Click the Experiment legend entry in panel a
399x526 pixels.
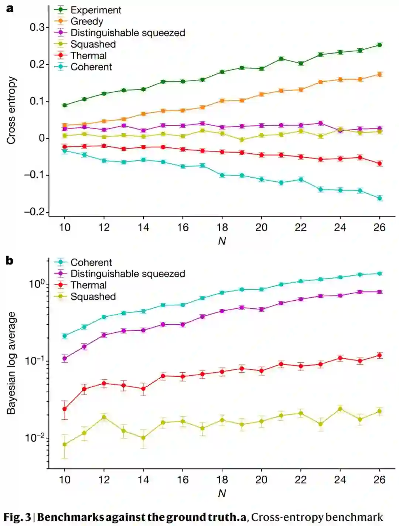pyautogui.click(x=96, y=10)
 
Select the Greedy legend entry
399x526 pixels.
pyautogui.click(x=87, y=21)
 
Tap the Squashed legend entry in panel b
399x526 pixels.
pyautogui.click(x=93, y=297)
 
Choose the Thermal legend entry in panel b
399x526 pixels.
pyautogui.click(x=89, y=285)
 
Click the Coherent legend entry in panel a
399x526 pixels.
pyautogui.click(x=91, y=67)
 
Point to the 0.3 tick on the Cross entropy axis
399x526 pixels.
pyautogui.click(x=37, y=27)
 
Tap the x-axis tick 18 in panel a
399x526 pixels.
pyautogui.click(x=222, y=227)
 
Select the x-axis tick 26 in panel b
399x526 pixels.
pyautogui.click(x=379, y=479)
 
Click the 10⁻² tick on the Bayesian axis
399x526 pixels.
pyautogui.click(x=35, y=438)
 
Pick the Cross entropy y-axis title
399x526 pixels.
pyautogui.click(x=11, y=110)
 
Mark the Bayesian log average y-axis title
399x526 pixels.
pyautogui.click(x=11, y=363)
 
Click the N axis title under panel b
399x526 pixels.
pyautogui.click(x=222, y=493)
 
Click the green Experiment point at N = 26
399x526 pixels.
pyautogui.click(x=379, y=45)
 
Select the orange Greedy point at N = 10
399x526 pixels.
pyautogui.click(x=65, y=125)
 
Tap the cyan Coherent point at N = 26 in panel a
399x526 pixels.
pyautogui.click(x=379, y=198)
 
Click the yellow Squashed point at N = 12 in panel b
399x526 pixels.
pyautogui.click(x=104, y=417)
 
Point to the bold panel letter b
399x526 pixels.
pyautogui.click(x=10, y=261)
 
